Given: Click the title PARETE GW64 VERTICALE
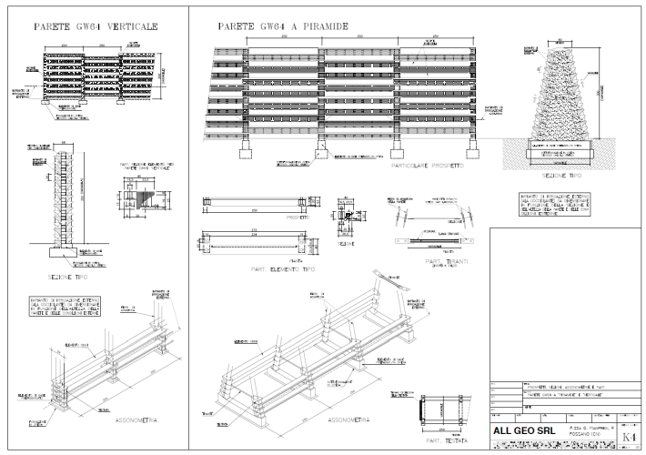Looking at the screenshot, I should [x=95, y=27].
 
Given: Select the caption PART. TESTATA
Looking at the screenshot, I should [x=446, y=441].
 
